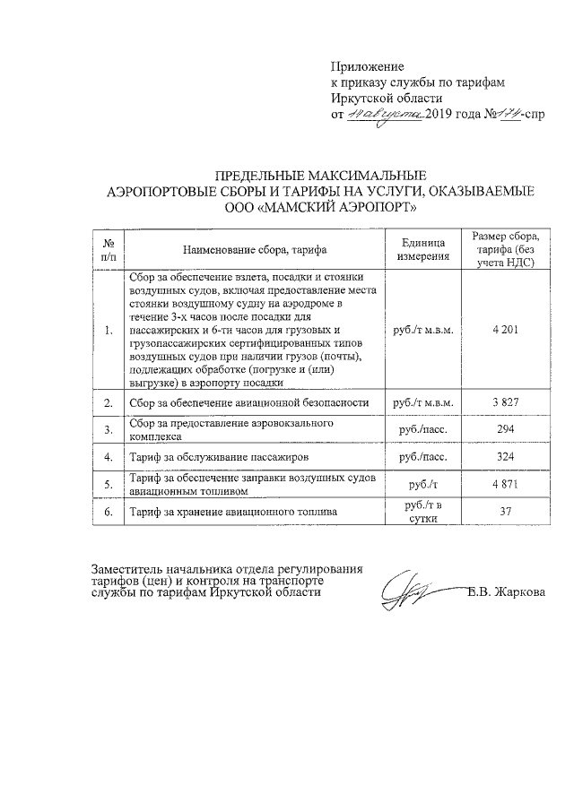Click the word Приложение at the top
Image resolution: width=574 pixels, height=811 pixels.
pyautogui.click(x=368, y=66)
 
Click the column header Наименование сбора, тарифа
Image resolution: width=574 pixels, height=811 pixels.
pyautogui.click(x=255, y=249)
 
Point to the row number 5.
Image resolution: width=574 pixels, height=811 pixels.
pyautogui.click(x=108, y=485)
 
